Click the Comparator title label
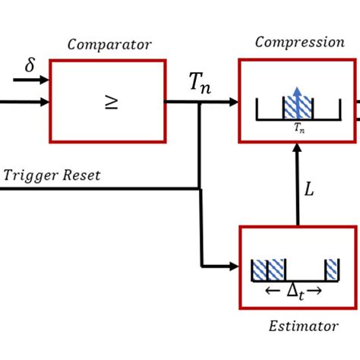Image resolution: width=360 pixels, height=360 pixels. (109, 44)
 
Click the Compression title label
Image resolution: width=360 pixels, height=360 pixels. (299, 43)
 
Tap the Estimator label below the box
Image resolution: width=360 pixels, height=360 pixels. (303, 327)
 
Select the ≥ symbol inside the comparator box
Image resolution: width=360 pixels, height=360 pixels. (111, 103)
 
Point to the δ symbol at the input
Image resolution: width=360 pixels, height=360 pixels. (30, 65)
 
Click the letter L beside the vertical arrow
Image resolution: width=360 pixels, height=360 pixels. (309, 190)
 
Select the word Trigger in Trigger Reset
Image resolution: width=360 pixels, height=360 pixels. (30, 175)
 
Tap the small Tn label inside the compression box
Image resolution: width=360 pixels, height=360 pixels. (299, 129)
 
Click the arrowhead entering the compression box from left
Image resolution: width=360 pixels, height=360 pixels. (233, 102)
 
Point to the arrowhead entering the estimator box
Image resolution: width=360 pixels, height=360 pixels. (233, 266)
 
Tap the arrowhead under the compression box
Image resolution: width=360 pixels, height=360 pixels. (297, 150)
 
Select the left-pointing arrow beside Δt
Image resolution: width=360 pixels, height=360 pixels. (270, 290)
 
